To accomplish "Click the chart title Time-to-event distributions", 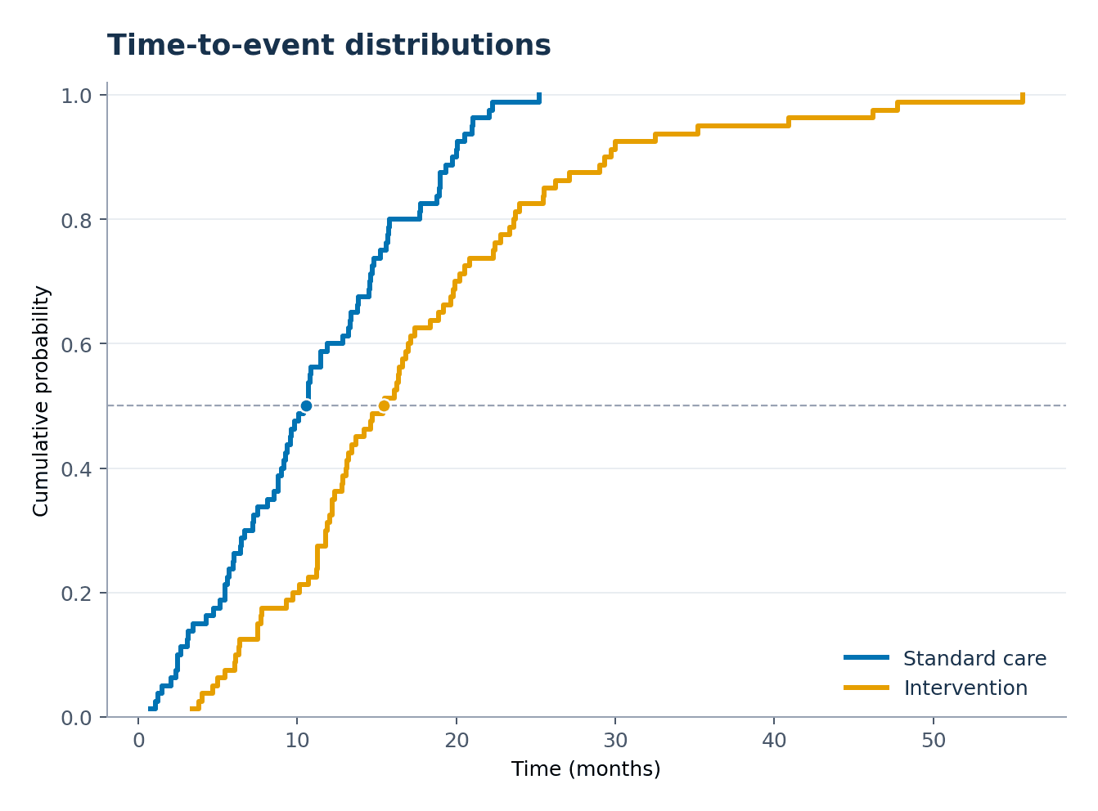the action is pos(328,46).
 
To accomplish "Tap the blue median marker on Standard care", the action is pos(306,405).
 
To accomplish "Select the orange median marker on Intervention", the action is pos(384,405).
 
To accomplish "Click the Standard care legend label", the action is pos(974,659).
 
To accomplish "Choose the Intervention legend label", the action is pos(965,688).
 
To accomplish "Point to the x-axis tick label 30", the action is pos(614,741).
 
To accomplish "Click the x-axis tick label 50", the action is pos(934,741).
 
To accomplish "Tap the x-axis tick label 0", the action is pos(138,741).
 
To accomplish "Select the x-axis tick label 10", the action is pos(297,741).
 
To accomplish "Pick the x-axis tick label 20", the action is pos(456,741).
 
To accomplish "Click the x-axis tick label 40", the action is pos(774,741).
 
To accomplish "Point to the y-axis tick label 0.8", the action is pos(76,221).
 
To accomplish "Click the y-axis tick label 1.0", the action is pos(76,96).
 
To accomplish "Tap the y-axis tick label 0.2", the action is pos(76,594).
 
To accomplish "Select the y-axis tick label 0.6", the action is pos(76,345).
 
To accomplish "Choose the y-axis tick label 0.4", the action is pos(76,469).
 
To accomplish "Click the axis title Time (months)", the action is pos(586,769).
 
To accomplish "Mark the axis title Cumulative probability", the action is pos(41,401).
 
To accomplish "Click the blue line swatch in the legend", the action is pos(866,657).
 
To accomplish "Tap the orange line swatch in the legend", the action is pos(866,688).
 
